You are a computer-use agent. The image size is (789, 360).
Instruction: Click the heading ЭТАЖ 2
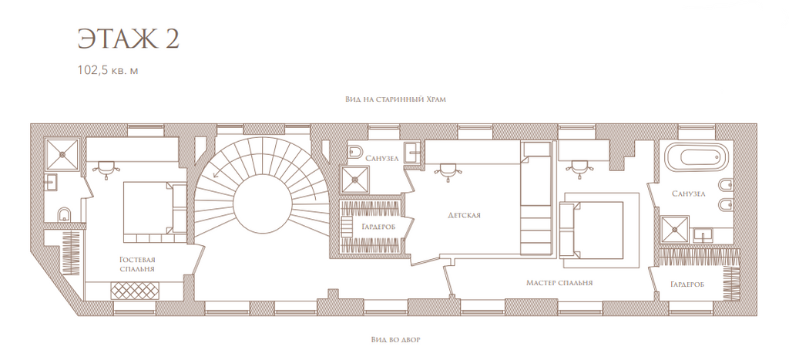point(129,39)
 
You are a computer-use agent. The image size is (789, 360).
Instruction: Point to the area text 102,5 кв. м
point(108,70)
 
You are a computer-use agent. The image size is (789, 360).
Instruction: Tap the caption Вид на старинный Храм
point(395,99)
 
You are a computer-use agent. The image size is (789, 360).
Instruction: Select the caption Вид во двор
point(395,339)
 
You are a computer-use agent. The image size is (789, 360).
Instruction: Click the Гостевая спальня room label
point(137,264)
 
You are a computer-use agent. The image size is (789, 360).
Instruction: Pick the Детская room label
point(464,215)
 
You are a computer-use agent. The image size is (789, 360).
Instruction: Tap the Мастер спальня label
point(559,282)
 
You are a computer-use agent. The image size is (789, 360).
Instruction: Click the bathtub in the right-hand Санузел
point(697,158)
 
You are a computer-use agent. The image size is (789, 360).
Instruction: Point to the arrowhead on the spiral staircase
point(215,176)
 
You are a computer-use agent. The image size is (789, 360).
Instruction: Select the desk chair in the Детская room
point(445,170)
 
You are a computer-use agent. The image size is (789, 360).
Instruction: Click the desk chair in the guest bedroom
point(106,170)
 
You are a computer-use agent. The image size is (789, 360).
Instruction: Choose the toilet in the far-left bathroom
point(63,215)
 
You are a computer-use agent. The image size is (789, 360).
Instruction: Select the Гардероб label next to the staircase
point(378,227)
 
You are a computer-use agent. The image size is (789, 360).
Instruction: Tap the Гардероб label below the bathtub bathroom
point(687,284)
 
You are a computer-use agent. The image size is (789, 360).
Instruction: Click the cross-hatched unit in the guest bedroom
point(134,291)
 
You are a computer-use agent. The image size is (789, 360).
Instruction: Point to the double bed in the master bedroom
point(592,230)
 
